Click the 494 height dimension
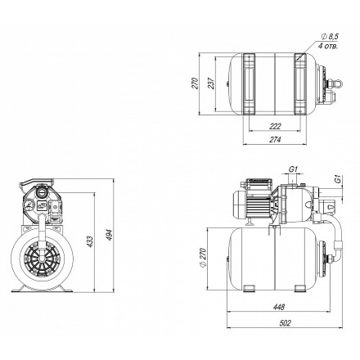tap(110, 235)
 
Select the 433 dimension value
tap(90, 241)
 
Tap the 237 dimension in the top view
tap(211, 83)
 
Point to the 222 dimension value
tap(275, 127)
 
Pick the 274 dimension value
tap(275, 140)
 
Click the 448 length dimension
tap(279, 307)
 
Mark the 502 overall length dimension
tap(286, 323)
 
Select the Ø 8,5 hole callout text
tap(330, 36)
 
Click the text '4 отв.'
tap(328, 46)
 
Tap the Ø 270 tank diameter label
tap(202, 258)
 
